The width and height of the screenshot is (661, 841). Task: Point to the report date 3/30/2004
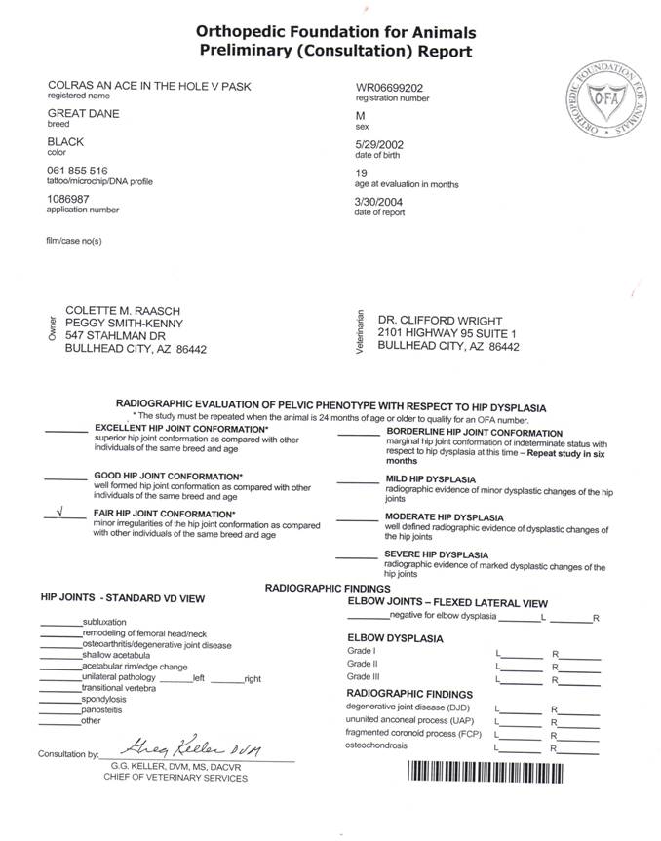pyautogui.click(x=380, y=201)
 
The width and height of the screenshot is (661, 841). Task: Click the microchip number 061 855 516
pyautogui.click(x=77, y=171)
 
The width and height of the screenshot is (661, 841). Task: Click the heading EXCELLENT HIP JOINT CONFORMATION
pyautogui.click(x=180, y=429)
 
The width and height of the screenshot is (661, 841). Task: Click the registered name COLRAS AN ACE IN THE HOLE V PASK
pyautogui.click(x=149, y=87)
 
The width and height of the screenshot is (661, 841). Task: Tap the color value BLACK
pyautogui.click(x=66, y=142)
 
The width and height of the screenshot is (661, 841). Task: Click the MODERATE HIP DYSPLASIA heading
pyautogui.click(x=444, y=516)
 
